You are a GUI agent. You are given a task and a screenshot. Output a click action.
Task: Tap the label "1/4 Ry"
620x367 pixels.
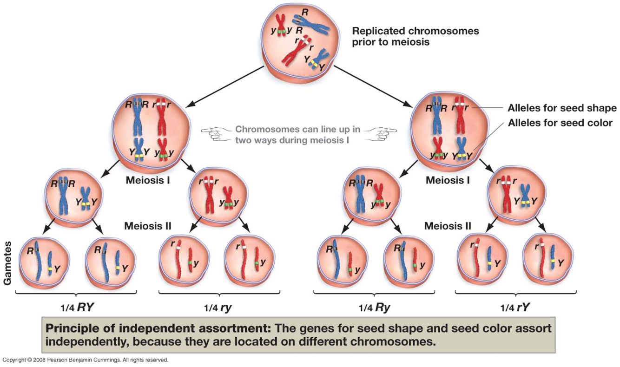374,307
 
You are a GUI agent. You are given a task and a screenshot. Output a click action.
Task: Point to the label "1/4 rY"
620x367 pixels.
516,307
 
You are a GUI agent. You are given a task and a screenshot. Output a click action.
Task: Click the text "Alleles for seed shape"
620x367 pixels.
562,108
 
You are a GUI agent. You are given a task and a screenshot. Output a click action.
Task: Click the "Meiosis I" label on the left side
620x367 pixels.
147,180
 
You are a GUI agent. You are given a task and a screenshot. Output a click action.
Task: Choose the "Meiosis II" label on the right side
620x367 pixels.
448,226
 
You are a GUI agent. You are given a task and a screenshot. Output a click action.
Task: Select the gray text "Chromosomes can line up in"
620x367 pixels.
297,129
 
